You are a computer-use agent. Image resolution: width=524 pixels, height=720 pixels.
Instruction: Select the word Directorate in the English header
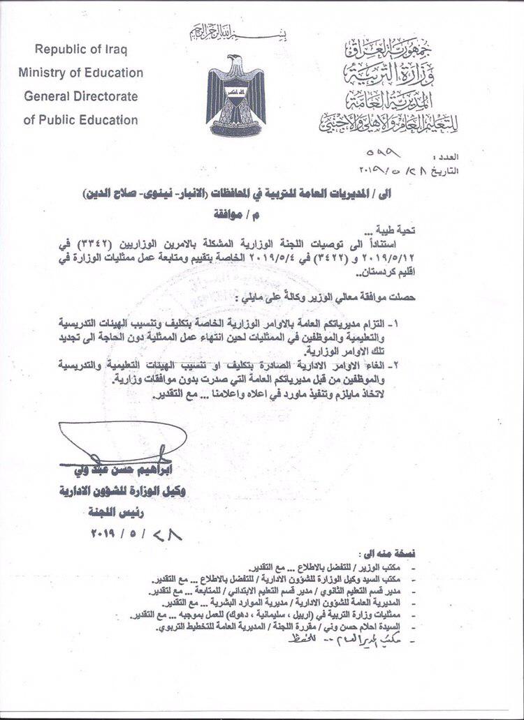click(105, 96)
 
